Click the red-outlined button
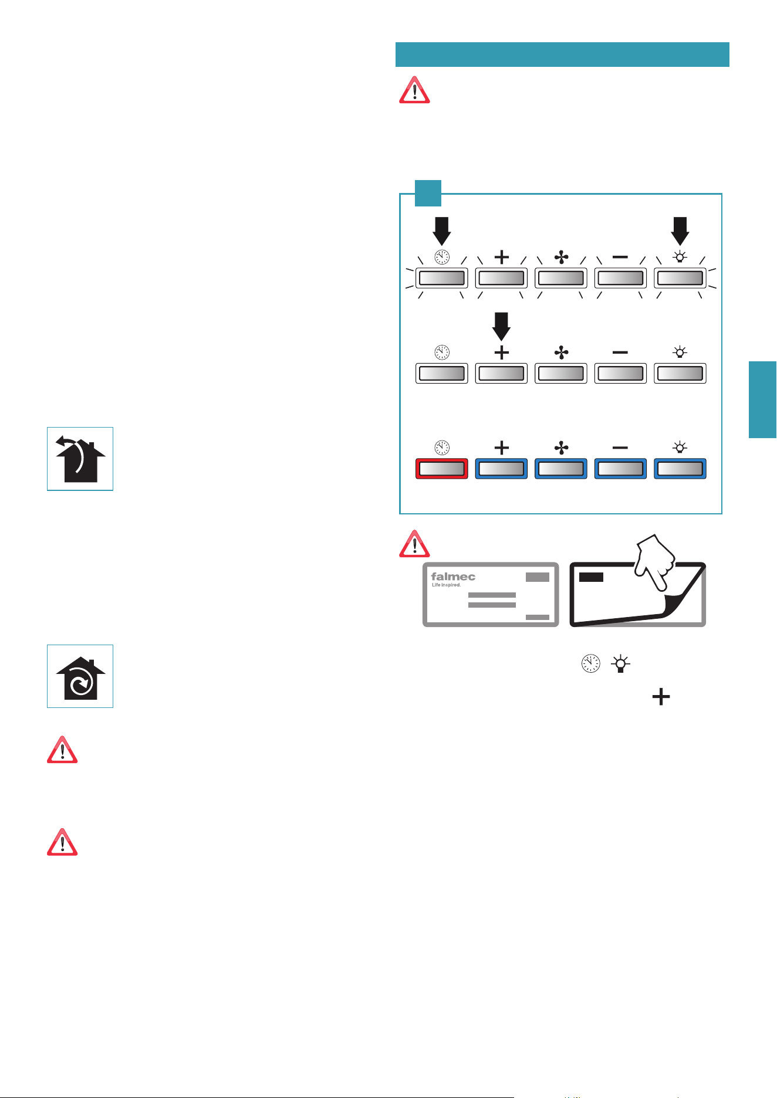(x=442, y=469)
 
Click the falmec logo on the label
(x=453, y=577)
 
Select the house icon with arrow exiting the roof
(x=80, y=459)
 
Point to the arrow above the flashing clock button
(x=442, y=231)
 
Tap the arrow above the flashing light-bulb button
(x=680, y=231)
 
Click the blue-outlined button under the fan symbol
(x=561, y=469)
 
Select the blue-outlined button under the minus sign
(x=620, y=469)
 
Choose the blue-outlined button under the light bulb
(x=680, y=469)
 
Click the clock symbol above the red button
(x=442, y=448)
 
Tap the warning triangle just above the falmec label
(x=414, y=544)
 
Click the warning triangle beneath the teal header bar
(x=414, y=90)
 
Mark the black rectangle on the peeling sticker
(x=591, y=577)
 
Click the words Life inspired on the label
(x=446, y=585)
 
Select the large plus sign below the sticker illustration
(x=661, y=697)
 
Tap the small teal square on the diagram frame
(x=428, y=193)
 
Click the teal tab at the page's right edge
(x=763, y=399)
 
